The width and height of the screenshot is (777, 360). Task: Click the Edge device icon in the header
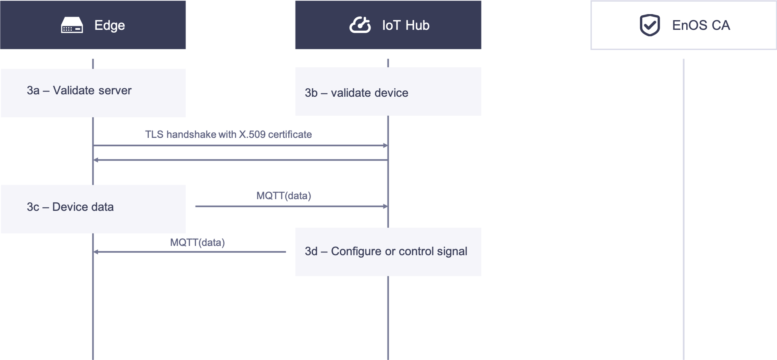(72, 25)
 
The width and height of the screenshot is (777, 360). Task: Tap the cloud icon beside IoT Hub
(360, 25)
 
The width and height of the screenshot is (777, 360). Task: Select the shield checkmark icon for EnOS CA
(650, 25)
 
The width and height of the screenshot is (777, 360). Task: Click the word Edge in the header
(109, 25)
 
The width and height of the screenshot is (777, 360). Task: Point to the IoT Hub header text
(406, 25)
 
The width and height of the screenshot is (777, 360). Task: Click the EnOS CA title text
(701, 25)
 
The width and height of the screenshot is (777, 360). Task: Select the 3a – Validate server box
(93, 93)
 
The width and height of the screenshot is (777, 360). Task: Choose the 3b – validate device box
(388, 92)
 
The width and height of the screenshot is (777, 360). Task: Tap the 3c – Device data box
(93, 209)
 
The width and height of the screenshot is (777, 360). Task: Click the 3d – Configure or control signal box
(388, 252)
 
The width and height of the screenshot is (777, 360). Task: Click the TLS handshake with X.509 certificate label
(228, 134)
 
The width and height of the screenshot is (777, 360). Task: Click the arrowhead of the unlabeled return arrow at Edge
(96, 160)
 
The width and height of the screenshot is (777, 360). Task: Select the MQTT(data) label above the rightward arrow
(283, 196)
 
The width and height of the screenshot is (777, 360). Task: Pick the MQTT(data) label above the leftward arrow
(197, 242)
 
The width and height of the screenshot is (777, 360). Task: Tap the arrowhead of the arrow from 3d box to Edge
(96, 252)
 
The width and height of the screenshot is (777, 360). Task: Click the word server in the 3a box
(115, 90)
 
